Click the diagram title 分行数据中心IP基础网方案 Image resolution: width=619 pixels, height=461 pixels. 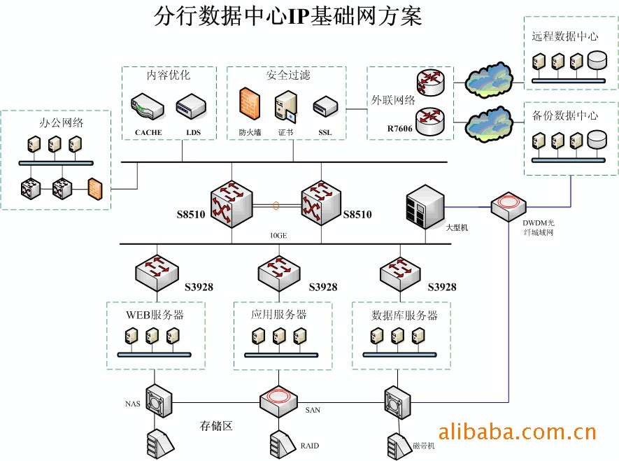tap(287, 16)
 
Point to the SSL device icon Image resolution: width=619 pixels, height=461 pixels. tap(325, 106)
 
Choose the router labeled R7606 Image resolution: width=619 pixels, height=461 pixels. tap(428, 121)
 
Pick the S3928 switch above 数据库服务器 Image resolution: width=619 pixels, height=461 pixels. tap(399, 272)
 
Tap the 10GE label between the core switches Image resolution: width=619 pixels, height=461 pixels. tap(278, 236)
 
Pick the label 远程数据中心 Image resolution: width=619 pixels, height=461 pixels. tap(564, 36)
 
